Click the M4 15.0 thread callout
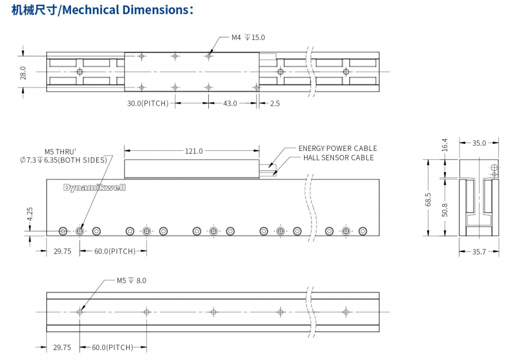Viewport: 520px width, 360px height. pos(248,38)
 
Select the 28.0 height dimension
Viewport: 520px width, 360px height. pos(23,72)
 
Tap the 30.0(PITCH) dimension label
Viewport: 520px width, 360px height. pos(148,103)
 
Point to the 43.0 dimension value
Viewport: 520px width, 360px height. pos(229,103)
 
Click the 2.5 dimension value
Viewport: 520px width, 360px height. pos(275,103)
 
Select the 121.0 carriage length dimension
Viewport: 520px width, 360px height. pos(194,151)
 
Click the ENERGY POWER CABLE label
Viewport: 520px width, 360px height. pos(337,149)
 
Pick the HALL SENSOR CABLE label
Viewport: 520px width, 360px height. pos(338,157)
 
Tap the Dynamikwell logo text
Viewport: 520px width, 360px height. pos(94,187)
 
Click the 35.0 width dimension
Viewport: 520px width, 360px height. pos(479,142)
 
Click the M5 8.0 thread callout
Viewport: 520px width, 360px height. pos(131,281)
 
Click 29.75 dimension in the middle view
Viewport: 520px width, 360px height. pos(62,251)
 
